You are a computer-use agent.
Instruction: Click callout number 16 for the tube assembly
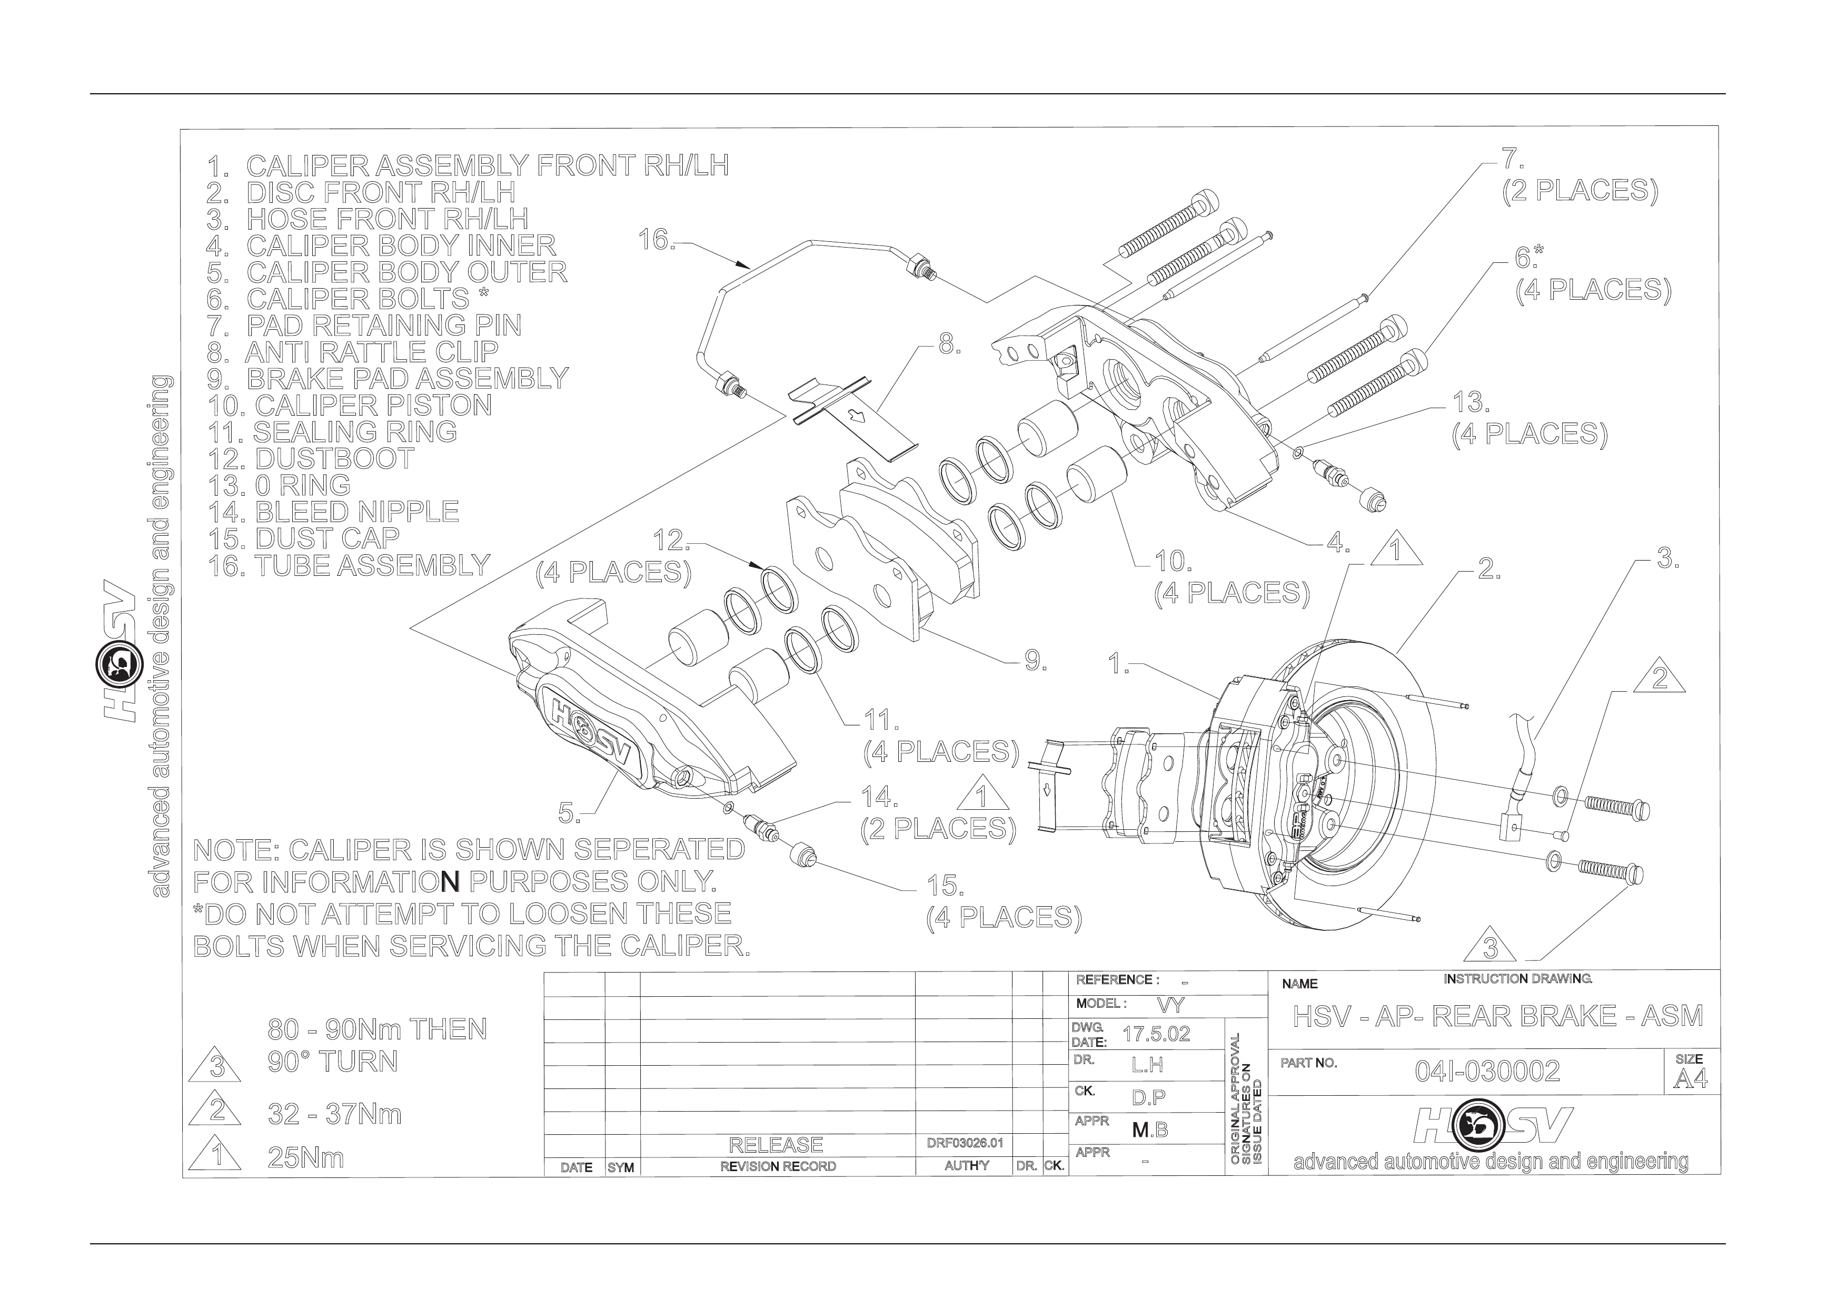click(656, 239)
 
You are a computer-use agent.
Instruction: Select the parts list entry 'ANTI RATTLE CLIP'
click(372, 351)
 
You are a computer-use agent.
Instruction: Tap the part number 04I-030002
click(1487, 1071)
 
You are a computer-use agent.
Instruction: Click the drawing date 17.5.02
click(1156, 1034)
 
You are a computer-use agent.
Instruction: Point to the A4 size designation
click(1690, 1079)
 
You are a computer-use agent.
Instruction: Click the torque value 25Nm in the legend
click(306, 1158)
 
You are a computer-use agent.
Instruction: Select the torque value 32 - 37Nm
click(335, 1114)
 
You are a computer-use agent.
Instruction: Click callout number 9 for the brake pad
click(1035, 662)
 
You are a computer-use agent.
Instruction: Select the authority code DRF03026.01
click(963, 1143)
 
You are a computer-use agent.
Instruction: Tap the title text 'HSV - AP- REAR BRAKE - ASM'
click(1498, 1016)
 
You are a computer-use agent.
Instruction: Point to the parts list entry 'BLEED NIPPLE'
click(357, 512)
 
